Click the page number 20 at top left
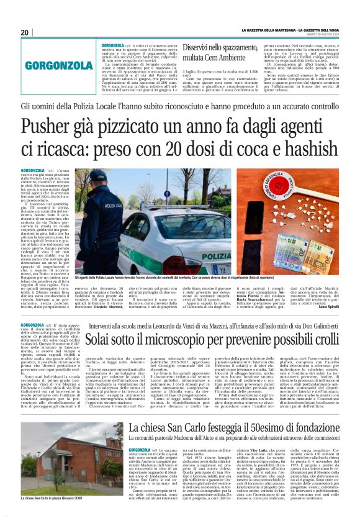point(25,32)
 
